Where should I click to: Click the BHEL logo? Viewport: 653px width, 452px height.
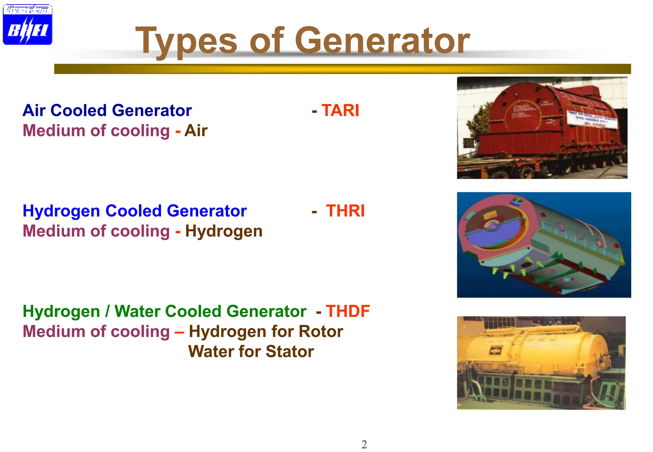tap(27, 25)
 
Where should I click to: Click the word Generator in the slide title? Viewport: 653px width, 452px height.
tap(382, 41)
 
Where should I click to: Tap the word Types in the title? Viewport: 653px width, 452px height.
tap(186, 41)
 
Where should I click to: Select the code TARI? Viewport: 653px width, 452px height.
tap(340, 111)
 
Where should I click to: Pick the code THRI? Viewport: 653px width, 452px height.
tap(345, 211)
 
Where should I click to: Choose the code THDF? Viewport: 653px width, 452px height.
tap(348, 311)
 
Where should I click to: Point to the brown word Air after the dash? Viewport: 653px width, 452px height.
tap(196, 131)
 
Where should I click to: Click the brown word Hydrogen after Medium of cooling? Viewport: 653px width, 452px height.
tap(224, 231)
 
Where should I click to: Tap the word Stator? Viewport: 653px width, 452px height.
tap(290, 352)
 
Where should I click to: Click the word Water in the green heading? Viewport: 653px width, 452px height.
tap(137, 311)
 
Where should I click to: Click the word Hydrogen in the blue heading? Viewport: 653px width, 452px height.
tap(61, 211)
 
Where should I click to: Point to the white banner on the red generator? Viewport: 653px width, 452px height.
tap(592, 120)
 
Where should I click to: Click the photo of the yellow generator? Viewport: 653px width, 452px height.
tap(541, 363)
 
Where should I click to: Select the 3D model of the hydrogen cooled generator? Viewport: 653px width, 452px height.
tap(544, 245)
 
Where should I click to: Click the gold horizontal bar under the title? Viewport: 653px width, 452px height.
tap(342, 69)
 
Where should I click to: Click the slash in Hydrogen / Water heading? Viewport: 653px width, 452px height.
tap(107, 311)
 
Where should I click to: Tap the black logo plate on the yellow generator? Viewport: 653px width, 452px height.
tap(495, 351)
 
